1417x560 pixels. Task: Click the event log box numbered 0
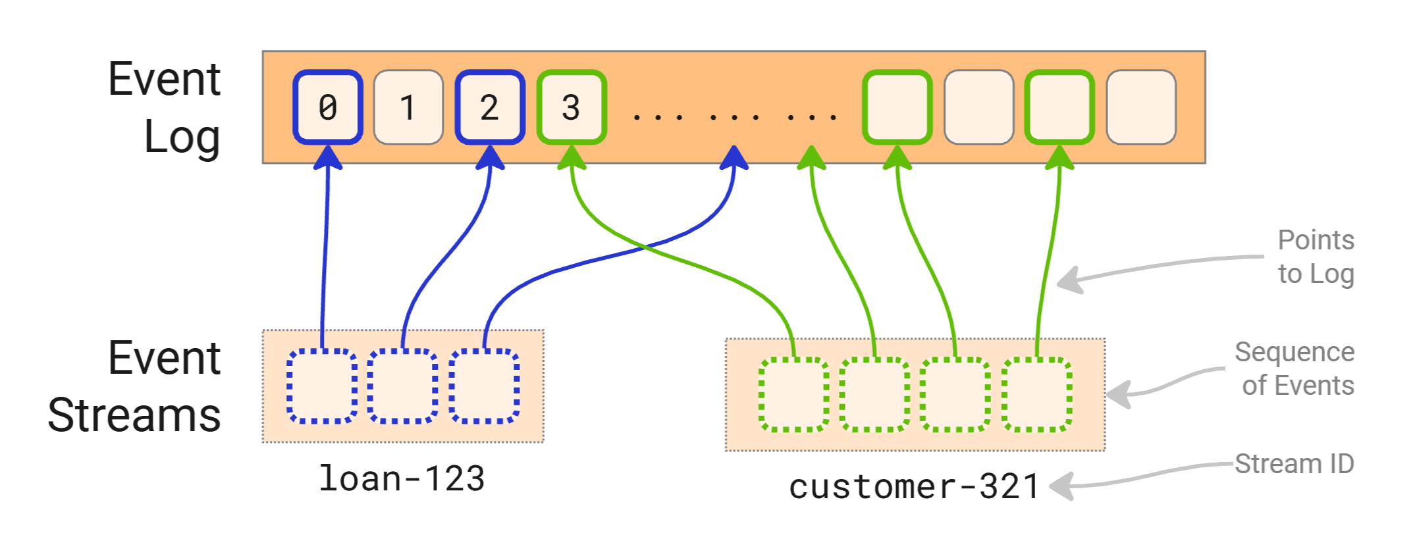point(328,107)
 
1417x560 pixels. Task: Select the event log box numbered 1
point(408,107)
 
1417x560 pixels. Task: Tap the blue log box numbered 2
point(490,107)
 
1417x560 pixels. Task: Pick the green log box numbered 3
point(572,107)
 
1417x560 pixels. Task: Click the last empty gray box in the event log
point(1141,107)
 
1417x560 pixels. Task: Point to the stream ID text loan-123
point(402,478)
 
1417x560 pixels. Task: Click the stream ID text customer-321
point(913,487)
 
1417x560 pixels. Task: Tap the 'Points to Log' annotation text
point(1315,257)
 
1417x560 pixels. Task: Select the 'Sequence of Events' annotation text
point(1295,369)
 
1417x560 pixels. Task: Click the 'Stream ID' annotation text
point(1294,464)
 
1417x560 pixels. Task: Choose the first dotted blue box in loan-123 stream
point(323,386)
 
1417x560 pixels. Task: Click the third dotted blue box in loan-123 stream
point(485,386)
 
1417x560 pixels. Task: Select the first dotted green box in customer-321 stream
point(793,395)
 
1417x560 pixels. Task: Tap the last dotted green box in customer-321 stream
point(1037,395)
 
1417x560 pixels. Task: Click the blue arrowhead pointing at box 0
point(328,159)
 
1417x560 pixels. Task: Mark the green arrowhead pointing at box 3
point(572,159)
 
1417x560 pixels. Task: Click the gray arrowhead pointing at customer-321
point(1061,487)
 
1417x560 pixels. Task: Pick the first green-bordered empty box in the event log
point(897,107)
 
